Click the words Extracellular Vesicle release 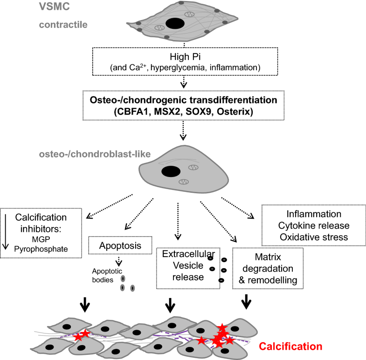(184, 266)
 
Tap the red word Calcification (290, 346)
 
